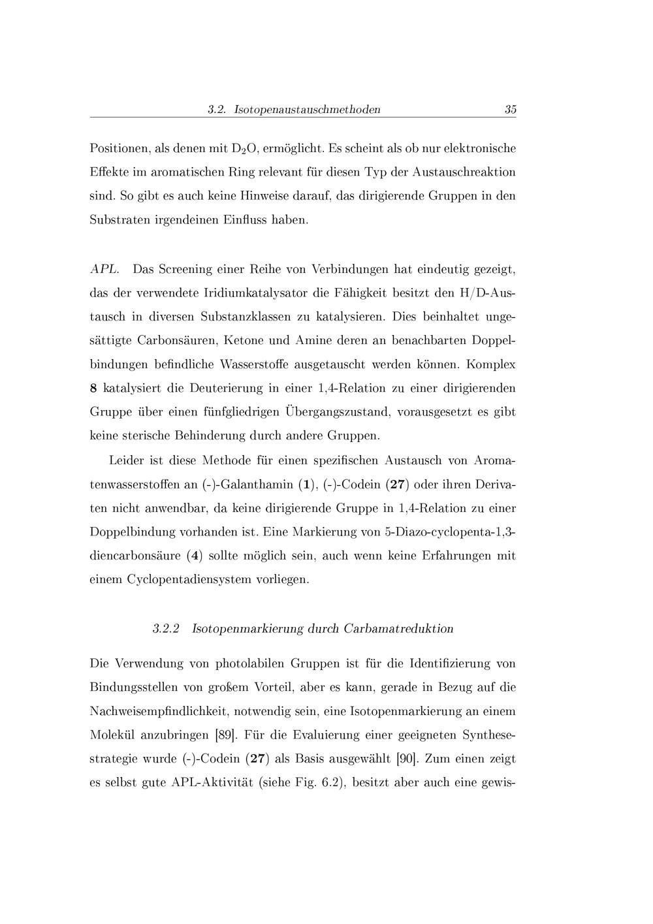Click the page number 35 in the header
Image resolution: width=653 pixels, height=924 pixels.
[510, 110]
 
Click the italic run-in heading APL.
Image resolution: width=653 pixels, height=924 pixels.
[104, 269]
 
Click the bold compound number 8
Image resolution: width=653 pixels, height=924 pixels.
[93, 389]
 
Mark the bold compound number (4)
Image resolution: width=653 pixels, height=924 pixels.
[194, 556]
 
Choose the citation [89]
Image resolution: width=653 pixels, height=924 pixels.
[225, 735]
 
